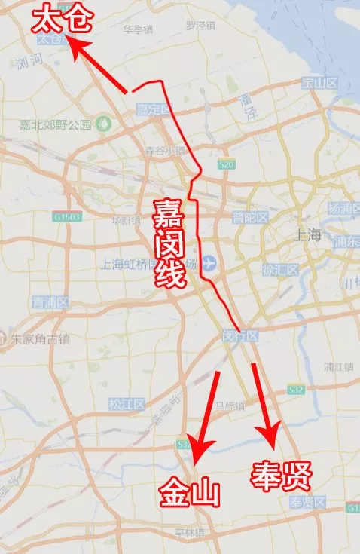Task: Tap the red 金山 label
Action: [x=189, y=494]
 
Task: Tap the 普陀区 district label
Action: [x=250, y=218]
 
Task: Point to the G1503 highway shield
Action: [x=66, y=216]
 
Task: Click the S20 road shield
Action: [x=225, y=164]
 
